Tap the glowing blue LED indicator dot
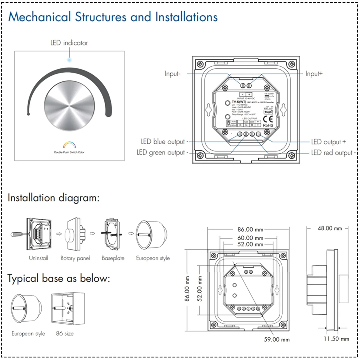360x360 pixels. [x=69, y=60]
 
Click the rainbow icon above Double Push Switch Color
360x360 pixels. [x=69, y=145]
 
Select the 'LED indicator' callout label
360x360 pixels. [x=69, y=43]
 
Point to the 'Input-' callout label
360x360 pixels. [x=172, y=74]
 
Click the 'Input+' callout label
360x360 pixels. [x=314, y=73]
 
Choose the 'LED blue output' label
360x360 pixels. [x=163, y=142]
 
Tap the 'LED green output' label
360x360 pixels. [x=161, y=153]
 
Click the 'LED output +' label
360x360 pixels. [x=328, y=142]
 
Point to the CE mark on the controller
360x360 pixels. [x=268, y=119]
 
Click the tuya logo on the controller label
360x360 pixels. [x=268, y=112]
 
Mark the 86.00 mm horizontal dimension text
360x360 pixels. [x=250, y=229]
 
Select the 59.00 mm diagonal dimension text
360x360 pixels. [x=277, y=340]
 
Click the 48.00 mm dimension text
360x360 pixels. [x=330, y=229]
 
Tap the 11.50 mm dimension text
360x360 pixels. [x=336, y=339]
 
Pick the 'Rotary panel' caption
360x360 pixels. [x=75, y=258]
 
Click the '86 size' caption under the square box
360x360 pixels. [x=64, y=334]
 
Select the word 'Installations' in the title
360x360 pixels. [x=186, y=17]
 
